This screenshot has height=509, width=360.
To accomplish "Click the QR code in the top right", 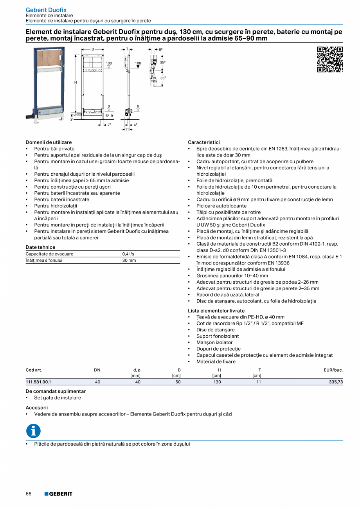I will pos(329,59).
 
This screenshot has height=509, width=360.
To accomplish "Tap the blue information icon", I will pos(33,431).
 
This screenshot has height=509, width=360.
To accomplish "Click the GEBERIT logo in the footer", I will pos(58,494).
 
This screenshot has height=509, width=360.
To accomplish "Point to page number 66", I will pos(29,494).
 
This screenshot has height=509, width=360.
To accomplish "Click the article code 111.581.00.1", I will pos(38,382).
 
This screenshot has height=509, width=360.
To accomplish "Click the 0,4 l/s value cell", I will pos(128,254).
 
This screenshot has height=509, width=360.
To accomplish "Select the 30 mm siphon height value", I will pos(129,260).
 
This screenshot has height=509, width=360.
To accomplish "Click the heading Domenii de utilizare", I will pos(49,142).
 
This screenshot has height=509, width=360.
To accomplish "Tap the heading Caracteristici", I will pos(203,142).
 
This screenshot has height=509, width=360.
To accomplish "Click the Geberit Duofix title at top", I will pos(46,10).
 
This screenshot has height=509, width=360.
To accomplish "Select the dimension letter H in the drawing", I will pos(76,83).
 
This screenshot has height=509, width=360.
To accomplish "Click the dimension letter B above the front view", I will pos(93,50).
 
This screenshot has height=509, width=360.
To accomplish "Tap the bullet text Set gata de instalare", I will pos(58,397).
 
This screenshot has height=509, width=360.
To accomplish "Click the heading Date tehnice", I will pos(40,247).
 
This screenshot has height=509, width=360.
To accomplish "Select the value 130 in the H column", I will pos(217,382).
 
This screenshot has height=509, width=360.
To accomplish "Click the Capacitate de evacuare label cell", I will pos(49,254).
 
